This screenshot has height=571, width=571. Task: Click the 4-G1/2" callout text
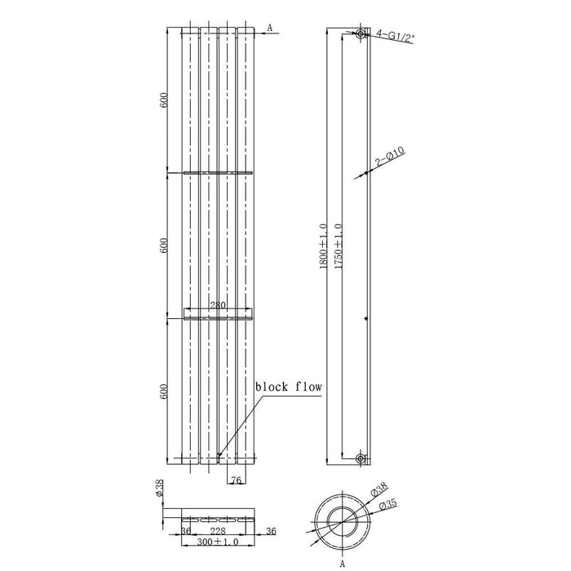[x=395, y=37]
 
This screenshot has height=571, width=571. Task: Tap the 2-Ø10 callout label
[x=390, y=157]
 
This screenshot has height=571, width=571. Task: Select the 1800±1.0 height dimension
[x=323, y=246]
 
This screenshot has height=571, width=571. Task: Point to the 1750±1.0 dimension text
[x=339, y=246]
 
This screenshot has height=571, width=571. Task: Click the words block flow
[x=289, y=387]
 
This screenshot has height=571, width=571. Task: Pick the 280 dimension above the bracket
[x=218, y=305]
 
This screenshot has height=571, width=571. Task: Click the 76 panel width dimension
[x=237, y=480]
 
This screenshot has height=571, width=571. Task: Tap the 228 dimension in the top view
[x=218, y=531]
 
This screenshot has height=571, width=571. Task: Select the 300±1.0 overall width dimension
[x=218, y=542]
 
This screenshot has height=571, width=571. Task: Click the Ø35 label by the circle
[x=387, y=505]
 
